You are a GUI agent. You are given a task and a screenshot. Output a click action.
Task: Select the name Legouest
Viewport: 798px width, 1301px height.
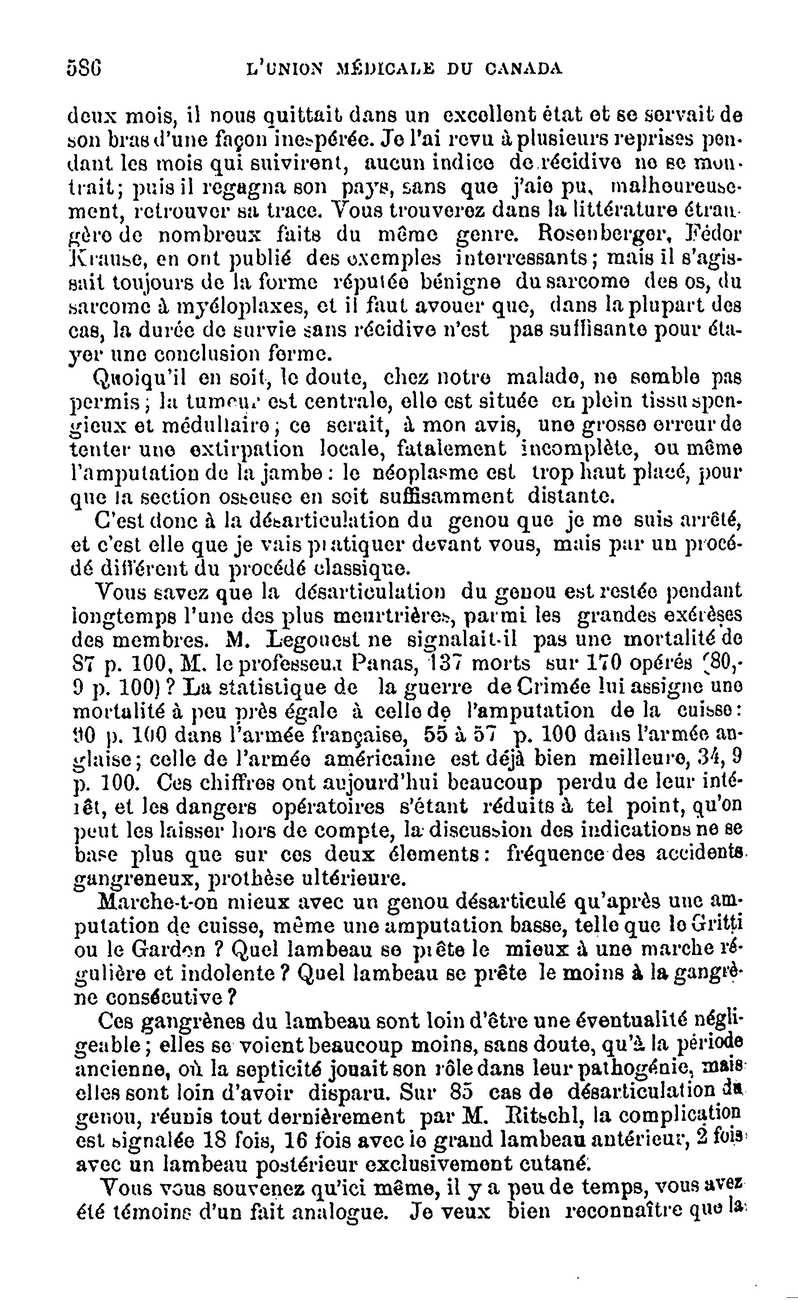[330, 640]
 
